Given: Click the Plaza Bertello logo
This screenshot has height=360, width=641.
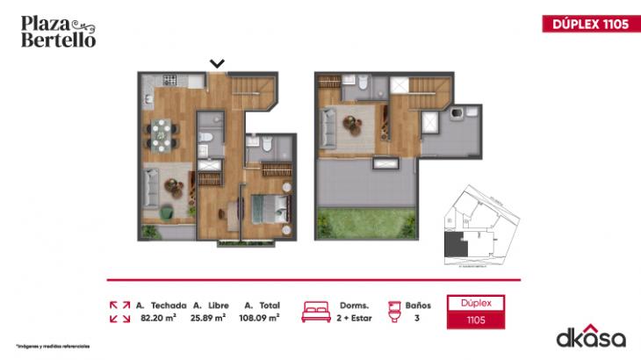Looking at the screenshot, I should (58, 32).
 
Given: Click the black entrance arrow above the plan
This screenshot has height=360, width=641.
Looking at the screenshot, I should (217, 63).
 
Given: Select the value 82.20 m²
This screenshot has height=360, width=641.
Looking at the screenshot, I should (158, 318).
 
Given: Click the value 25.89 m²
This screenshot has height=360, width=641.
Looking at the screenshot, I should (209, 318).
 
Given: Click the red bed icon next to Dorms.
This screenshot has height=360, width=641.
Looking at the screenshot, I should (316, 312).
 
